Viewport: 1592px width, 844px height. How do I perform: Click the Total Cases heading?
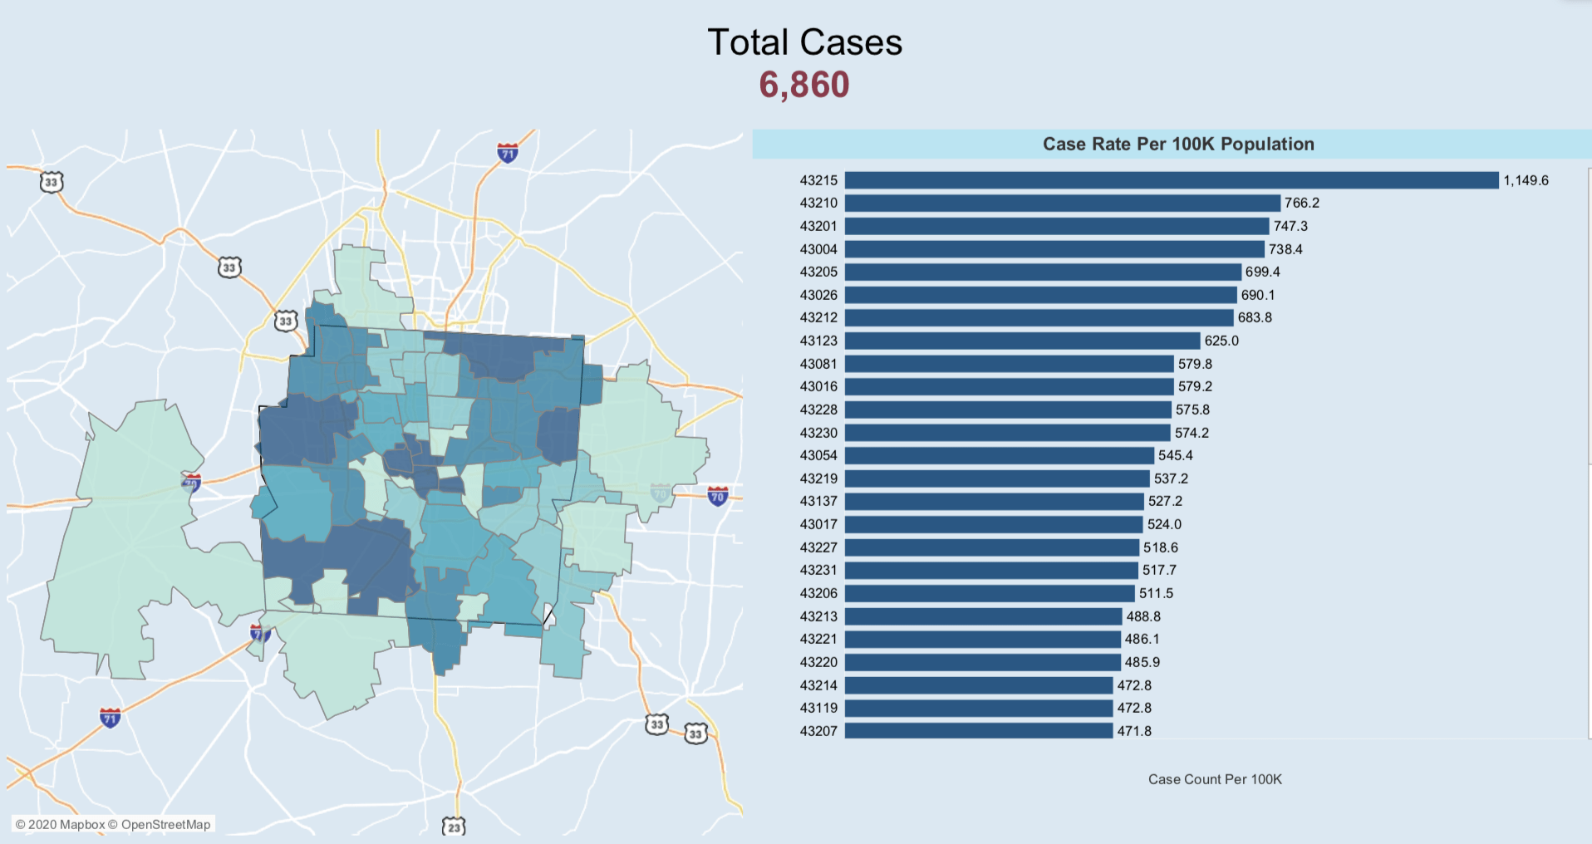[x=804, y=42]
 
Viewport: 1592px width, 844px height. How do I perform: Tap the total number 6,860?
[x=804, y=85]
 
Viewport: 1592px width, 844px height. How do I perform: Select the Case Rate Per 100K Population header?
[x=1177, y=144]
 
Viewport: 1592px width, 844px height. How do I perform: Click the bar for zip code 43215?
[x=1172, y=180]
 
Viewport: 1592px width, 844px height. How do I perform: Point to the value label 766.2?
[x=1301, y=203]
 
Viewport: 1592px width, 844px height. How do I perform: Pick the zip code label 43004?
[x=818, y=249]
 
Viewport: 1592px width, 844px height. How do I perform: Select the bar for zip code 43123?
[x=1022, y=341]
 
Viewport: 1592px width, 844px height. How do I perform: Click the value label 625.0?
[x=1221, y=341]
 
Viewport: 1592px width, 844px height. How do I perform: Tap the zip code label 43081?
[x=818, y=364]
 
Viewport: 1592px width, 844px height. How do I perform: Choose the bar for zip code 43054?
[x=1000, y=455]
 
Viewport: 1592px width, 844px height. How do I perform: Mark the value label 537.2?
[x=1171, y=478]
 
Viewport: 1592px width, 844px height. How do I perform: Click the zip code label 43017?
[x=818, y=524]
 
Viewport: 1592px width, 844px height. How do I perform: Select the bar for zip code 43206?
[x=990, y=593]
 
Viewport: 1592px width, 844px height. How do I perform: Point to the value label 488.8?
[x=1143, y=616]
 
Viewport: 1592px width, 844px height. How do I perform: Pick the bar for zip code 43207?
[x=979, y=731]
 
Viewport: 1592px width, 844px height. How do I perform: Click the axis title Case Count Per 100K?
[x=1215, y=779]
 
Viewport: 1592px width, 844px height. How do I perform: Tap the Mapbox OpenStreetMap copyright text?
[x=113, y=824]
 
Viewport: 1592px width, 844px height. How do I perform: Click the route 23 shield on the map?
[x=454, y=827]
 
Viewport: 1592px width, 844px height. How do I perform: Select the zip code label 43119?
[x=818, y=708]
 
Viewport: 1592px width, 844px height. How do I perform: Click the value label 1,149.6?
[x=1526, y=180]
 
